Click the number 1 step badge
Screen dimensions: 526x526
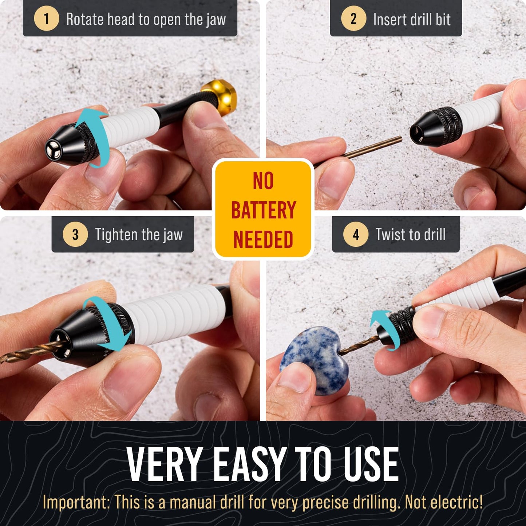46,19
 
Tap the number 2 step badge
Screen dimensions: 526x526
353,19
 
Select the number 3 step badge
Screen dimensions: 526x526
75,234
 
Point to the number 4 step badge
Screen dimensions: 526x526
356,234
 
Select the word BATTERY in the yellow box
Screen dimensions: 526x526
264,210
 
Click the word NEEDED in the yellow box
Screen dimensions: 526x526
263,240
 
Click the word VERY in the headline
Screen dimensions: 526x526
165,464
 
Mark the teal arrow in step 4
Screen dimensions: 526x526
384,328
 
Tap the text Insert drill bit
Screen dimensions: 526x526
412,19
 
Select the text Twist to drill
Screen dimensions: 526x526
411,235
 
